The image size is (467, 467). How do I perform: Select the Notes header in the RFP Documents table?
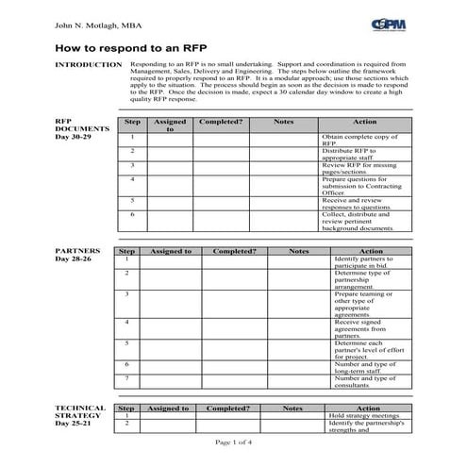(283, 123)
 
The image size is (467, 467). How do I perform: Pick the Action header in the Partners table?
(371, 252)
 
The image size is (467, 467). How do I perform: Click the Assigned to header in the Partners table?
(169, 252)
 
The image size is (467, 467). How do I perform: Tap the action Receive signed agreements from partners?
(367, 327)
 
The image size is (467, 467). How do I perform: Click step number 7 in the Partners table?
(126, 378)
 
